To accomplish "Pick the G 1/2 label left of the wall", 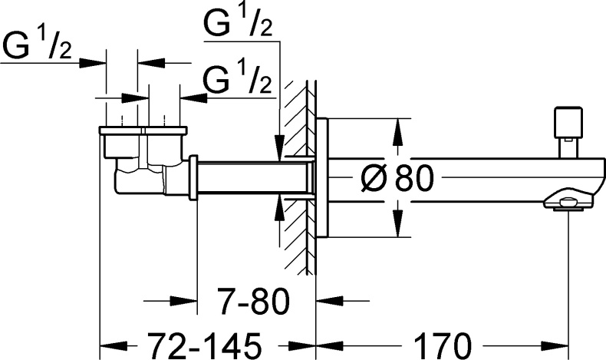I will pyautogui.click(x=239, y=81).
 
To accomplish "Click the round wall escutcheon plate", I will pyautogui.click(x=322, y=179).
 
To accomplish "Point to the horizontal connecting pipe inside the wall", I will pyautogui.click(x=253, y=179).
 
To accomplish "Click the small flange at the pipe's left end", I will pyautogui.click(x=194, y=178).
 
